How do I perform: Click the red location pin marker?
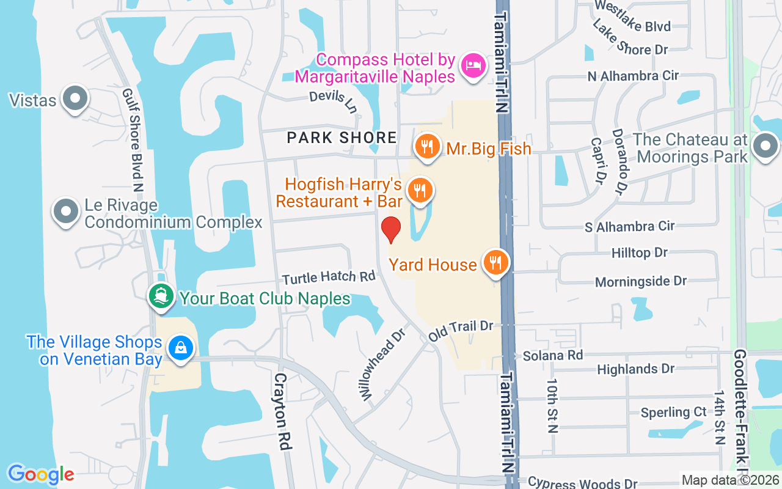pos(391,229)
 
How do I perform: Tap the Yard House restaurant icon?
pos(495,263)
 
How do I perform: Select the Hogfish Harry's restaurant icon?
pos(420,191)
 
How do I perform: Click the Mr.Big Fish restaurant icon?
pos(428,147)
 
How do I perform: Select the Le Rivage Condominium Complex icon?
pos(67,212)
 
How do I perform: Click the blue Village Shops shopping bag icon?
pos(180,348)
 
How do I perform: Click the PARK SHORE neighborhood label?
pos(342,138)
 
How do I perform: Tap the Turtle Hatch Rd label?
pos(329,278)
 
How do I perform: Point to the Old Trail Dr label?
pos(460,331)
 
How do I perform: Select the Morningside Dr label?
pos(641,282)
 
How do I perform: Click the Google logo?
pos(41,474)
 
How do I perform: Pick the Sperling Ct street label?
pos(673,413)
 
